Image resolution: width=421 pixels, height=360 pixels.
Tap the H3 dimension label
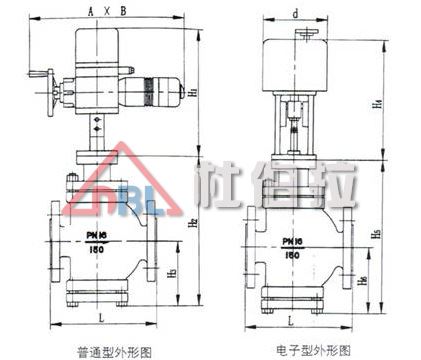point(171,273)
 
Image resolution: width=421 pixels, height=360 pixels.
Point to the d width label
point(296,14)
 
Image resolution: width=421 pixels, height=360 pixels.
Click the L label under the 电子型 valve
point(291,319)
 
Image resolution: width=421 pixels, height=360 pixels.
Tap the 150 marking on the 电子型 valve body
point(294,255)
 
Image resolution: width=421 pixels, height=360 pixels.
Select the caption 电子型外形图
point(312,349)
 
